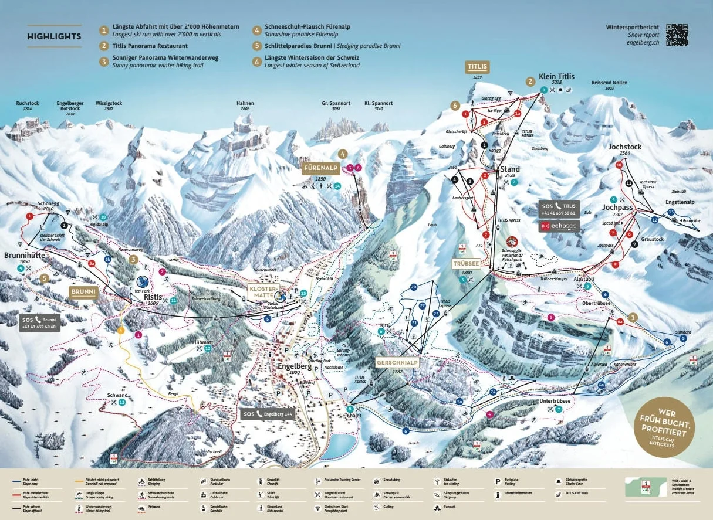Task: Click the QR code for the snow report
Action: [677, 35]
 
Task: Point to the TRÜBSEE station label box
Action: [466, 263]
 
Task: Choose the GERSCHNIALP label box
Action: [397, 362]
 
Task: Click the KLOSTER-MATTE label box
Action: [262, 291]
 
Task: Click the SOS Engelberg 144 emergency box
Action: [267, 414]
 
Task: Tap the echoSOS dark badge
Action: [559, 226]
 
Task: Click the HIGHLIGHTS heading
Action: [54, 36]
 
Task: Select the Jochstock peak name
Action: [624, 147]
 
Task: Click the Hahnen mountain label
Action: [245, 103]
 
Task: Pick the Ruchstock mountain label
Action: [28, 103]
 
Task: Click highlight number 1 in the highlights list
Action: [104, 29]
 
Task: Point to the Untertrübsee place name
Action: [555, 401]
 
